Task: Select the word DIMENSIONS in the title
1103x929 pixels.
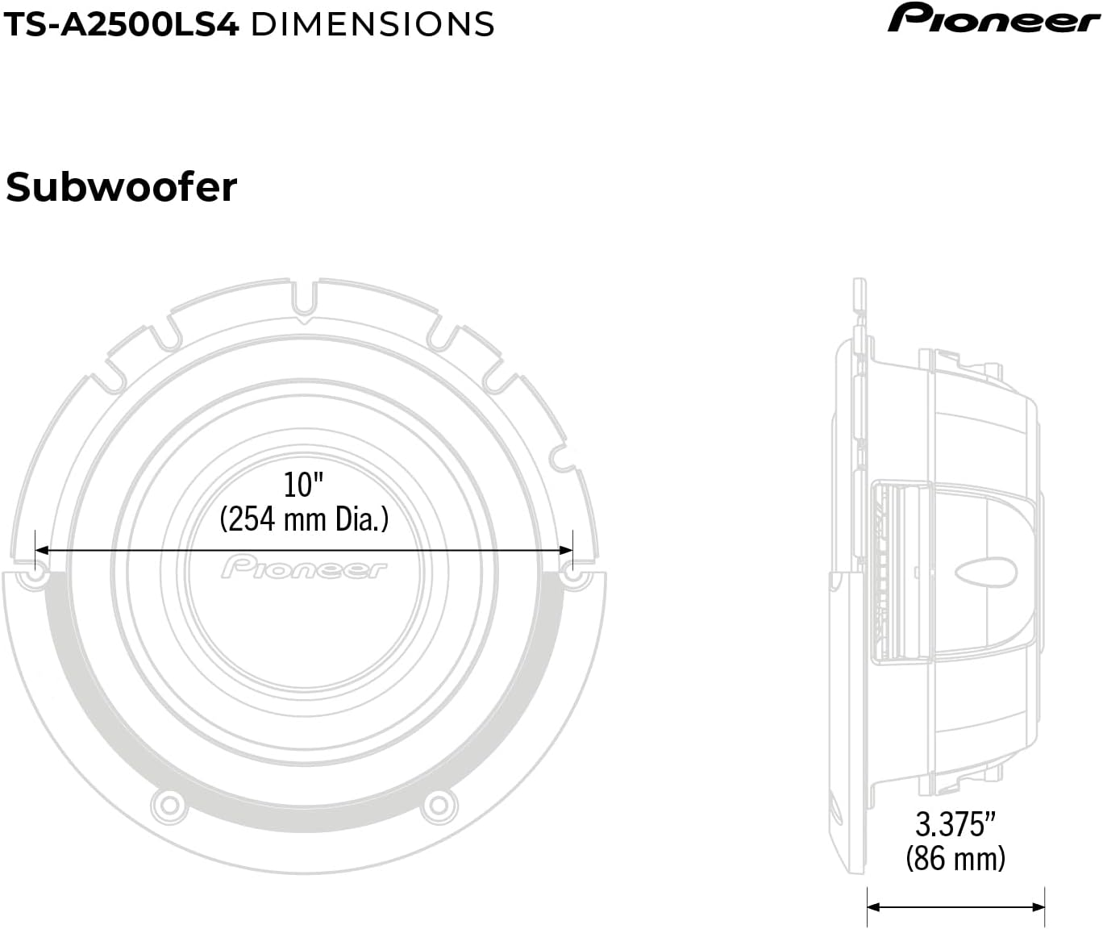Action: coord(373,24)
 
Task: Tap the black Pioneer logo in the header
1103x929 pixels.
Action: coord(993,19)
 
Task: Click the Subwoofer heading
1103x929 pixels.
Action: coord(121,187)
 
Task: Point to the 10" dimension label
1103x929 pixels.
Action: coord(303,485)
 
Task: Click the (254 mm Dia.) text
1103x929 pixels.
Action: coord(304,519)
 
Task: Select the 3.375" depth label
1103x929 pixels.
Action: coord(955,824)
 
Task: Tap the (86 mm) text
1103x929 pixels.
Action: coord(955,857)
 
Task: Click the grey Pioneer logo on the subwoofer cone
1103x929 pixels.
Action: coord(304,568)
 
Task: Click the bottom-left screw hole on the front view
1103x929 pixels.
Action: coord(168,803)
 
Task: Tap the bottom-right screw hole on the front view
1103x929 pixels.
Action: coord(436,803)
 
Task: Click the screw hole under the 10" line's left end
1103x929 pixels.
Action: coord(35,577)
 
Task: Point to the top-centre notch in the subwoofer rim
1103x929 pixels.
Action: coord(303,294)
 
